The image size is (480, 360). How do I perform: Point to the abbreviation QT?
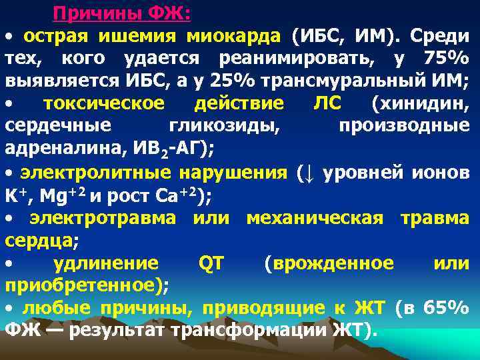click(212, 263)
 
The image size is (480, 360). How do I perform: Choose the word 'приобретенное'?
click(85, 286)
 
